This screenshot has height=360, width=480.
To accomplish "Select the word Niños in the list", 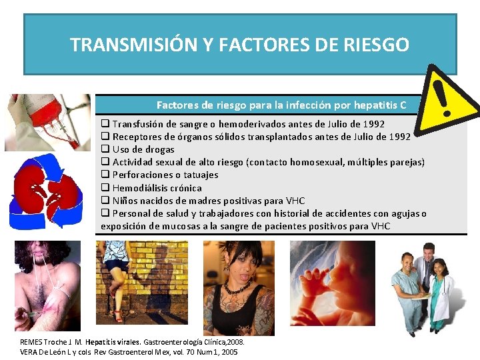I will coord(125,201).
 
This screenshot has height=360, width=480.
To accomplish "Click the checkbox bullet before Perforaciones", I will coord(105,175).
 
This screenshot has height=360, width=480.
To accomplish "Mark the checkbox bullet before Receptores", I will coord(105,137).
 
